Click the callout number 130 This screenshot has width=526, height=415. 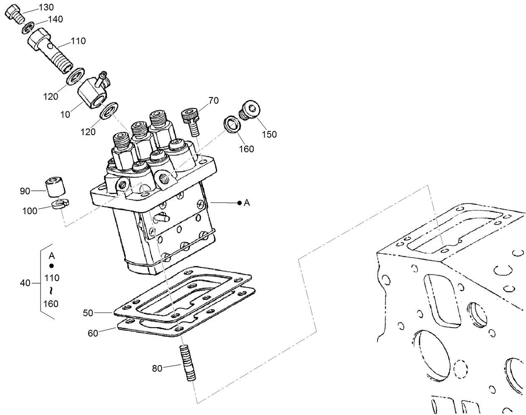tap(46, 7)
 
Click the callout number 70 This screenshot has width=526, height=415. tap(213, 100)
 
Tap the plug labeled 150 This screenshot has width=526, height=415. tap(249, 110)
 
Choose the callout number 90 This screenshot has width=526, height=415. tap(25, 191)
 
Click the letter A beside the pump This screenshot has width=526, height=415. tap(247, 203)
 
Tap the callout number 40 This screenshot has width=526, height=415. tap(25, 283)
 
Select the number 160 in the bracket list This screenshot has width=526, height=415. tap(51, 304)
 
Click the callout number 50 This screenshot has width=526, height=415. tap(88, 313)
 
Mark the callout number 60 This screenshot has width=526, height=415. tap(93, 333)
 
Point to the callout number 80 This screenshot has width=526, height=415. tap(157, 369)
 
